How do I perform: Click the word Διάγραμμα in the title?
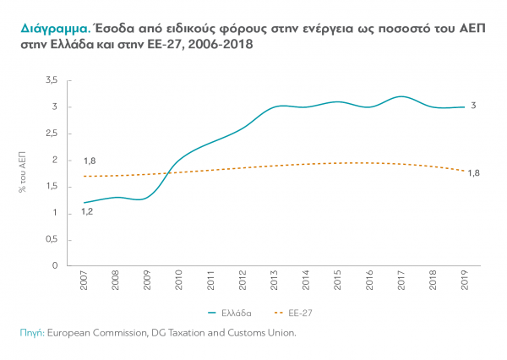point(47,27)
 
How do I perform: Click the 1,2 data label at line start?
point(86,211)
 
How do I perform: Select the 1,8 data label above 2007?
point(89,161)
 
